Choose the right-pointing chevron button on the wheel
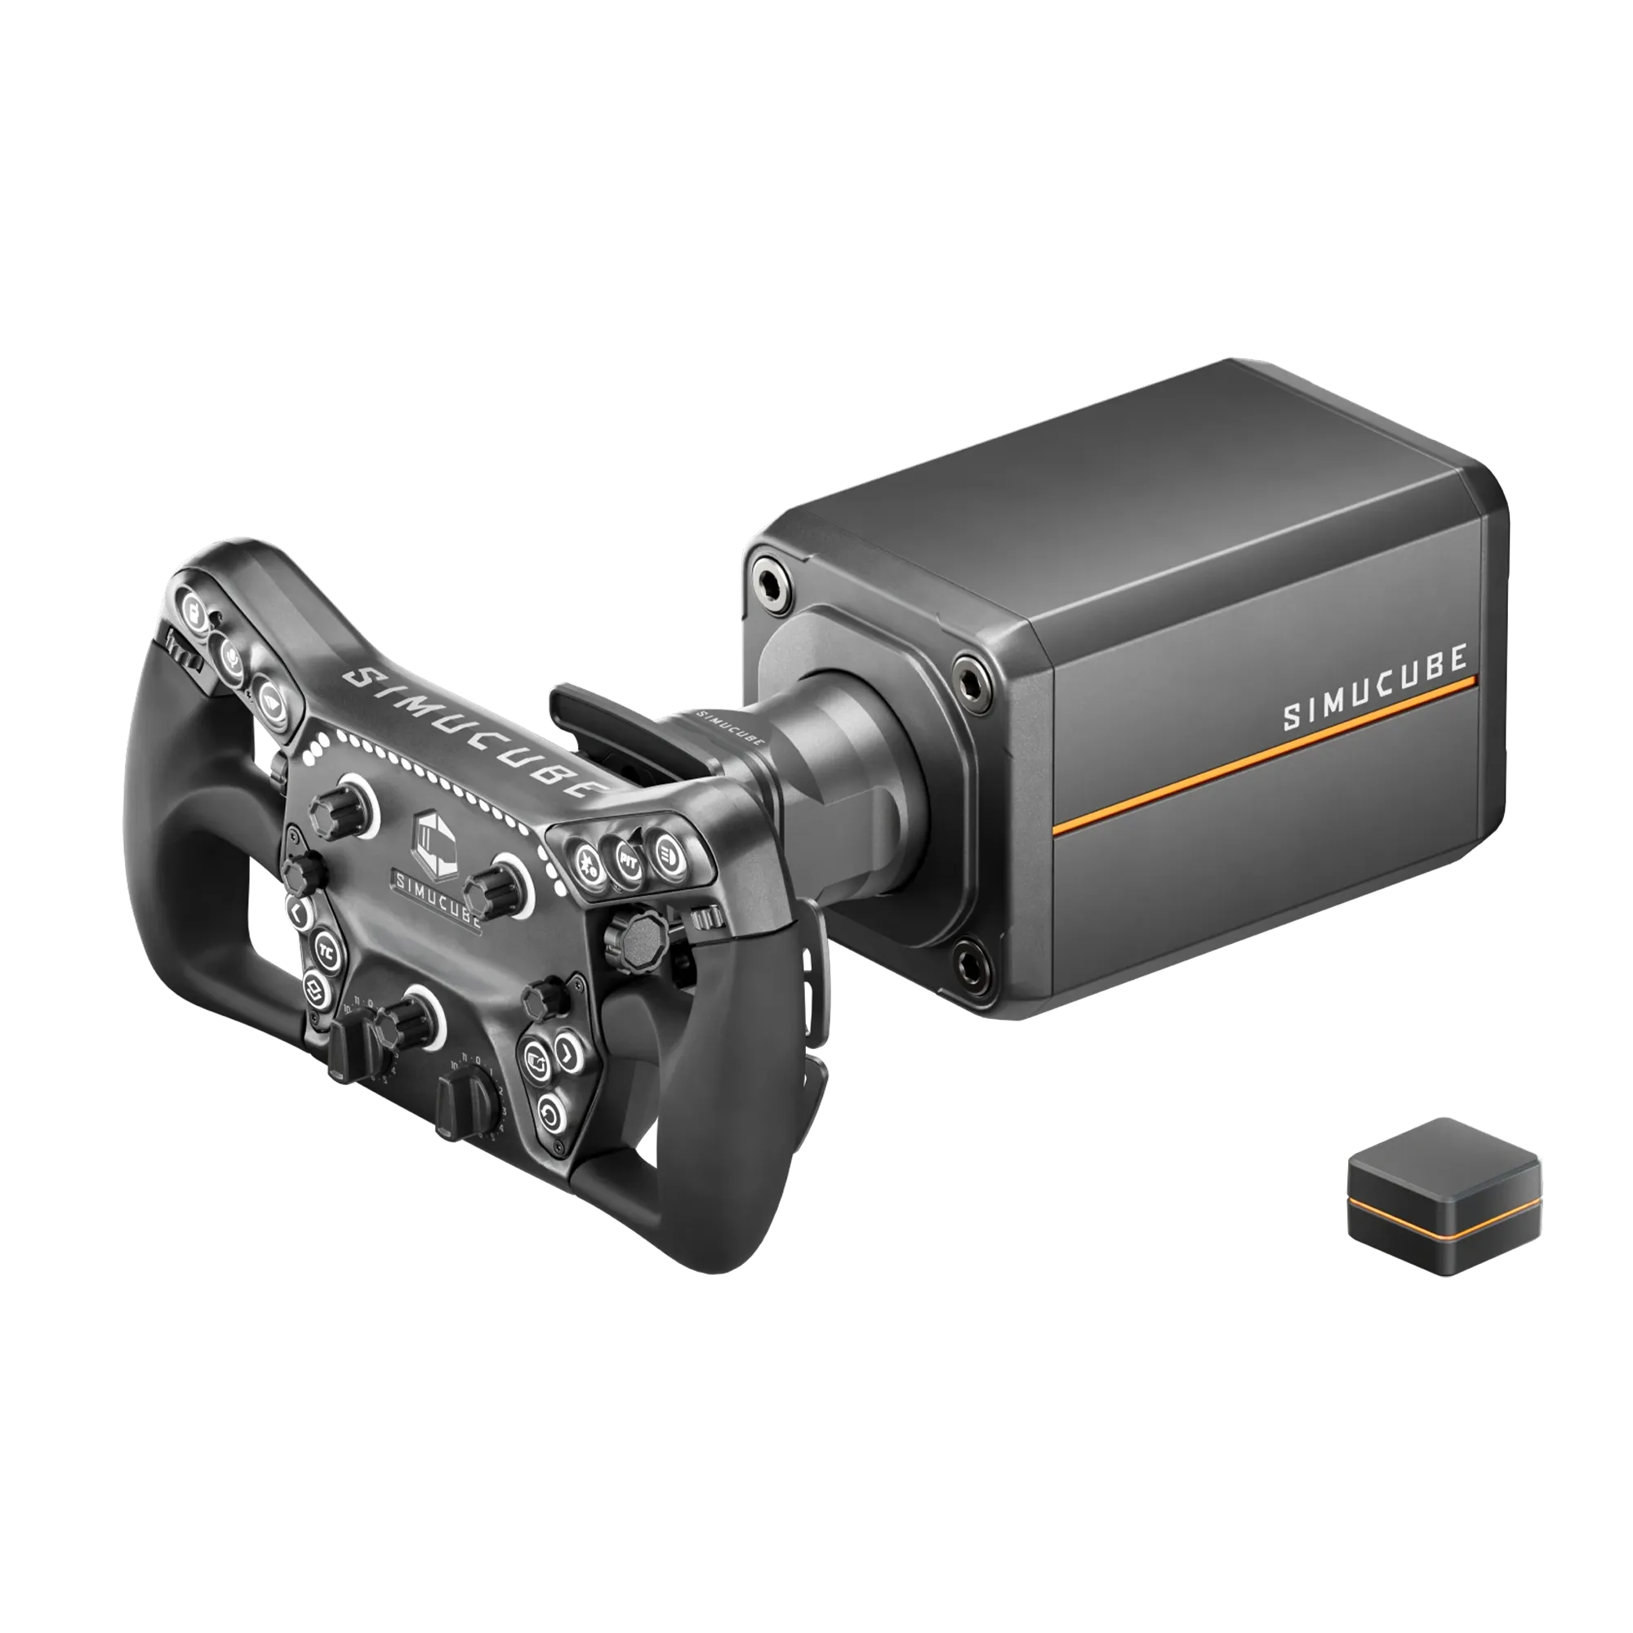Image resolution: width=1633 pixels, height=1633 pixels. coord(567,1052)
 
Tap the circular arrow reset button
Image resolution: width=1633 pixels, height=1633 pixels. coord(550,1116)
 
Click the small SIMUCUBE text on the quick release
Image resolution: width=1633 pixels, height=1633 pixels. coord(728,726)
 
